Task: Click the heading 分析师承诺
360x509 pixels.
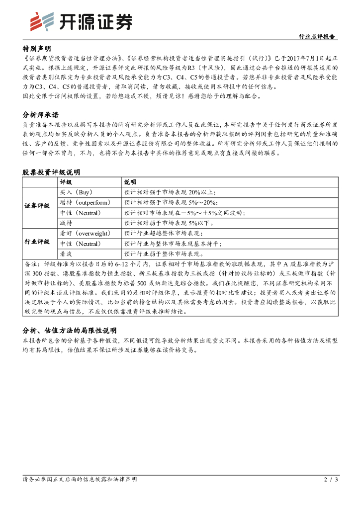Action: [40, 115]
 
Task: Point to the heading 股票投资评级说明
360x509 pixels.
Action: [51, 172]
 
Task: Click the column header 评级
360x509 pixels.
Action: [66, 182]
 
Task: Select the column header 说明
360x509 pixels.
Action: [130, 182]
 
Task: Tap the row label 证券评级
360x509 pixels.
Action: [37, 206]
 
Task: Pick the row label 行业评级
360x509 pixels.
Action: [37, 242]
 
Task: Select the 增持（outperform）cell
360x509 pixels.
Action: [85, 202]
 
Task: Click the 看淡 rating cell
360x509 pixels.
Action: [66, 254]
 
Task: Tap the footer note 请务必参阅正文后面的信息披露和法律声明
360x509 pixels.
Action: [80, 480]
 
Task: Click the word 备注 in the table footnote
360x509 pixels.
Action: [31, 264]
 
